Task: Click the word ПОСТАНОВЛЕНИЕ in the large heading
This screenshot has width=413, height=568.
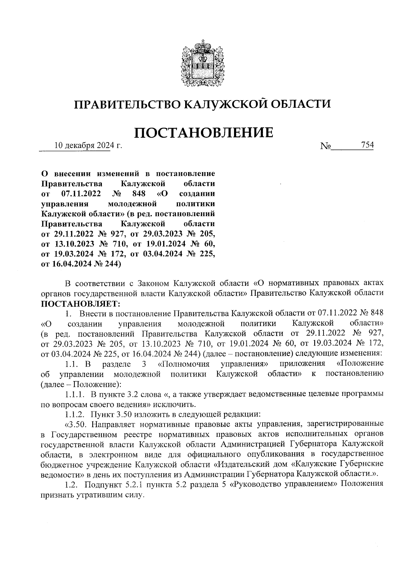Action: tap(204, 133)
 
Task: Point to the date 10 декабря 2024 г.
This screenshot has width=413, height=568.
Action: tap(88, 146)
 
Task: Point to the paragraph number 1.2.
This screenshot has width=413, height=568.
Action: tap(72, 484)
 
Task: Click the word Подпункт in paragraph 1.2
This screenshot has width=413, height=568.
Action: tap(100, 484)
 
